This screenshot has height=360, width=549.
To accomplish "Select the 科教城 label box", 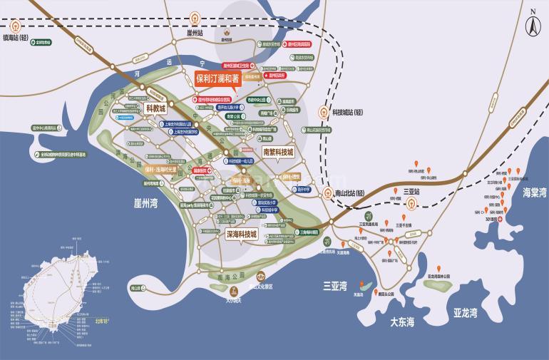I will [x=155, y=108].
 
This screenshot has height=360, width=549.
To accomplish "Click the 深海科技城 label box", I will [x=240, y=233].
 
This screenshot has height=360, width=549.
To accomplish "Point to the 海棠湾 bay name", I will [x=533, y=192].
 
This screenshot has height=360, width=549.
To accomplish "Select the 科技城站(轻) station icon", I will [x=322, y=113].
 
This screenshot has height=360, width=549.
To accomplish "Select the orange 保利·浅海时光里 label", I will [x=166, y=170].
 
